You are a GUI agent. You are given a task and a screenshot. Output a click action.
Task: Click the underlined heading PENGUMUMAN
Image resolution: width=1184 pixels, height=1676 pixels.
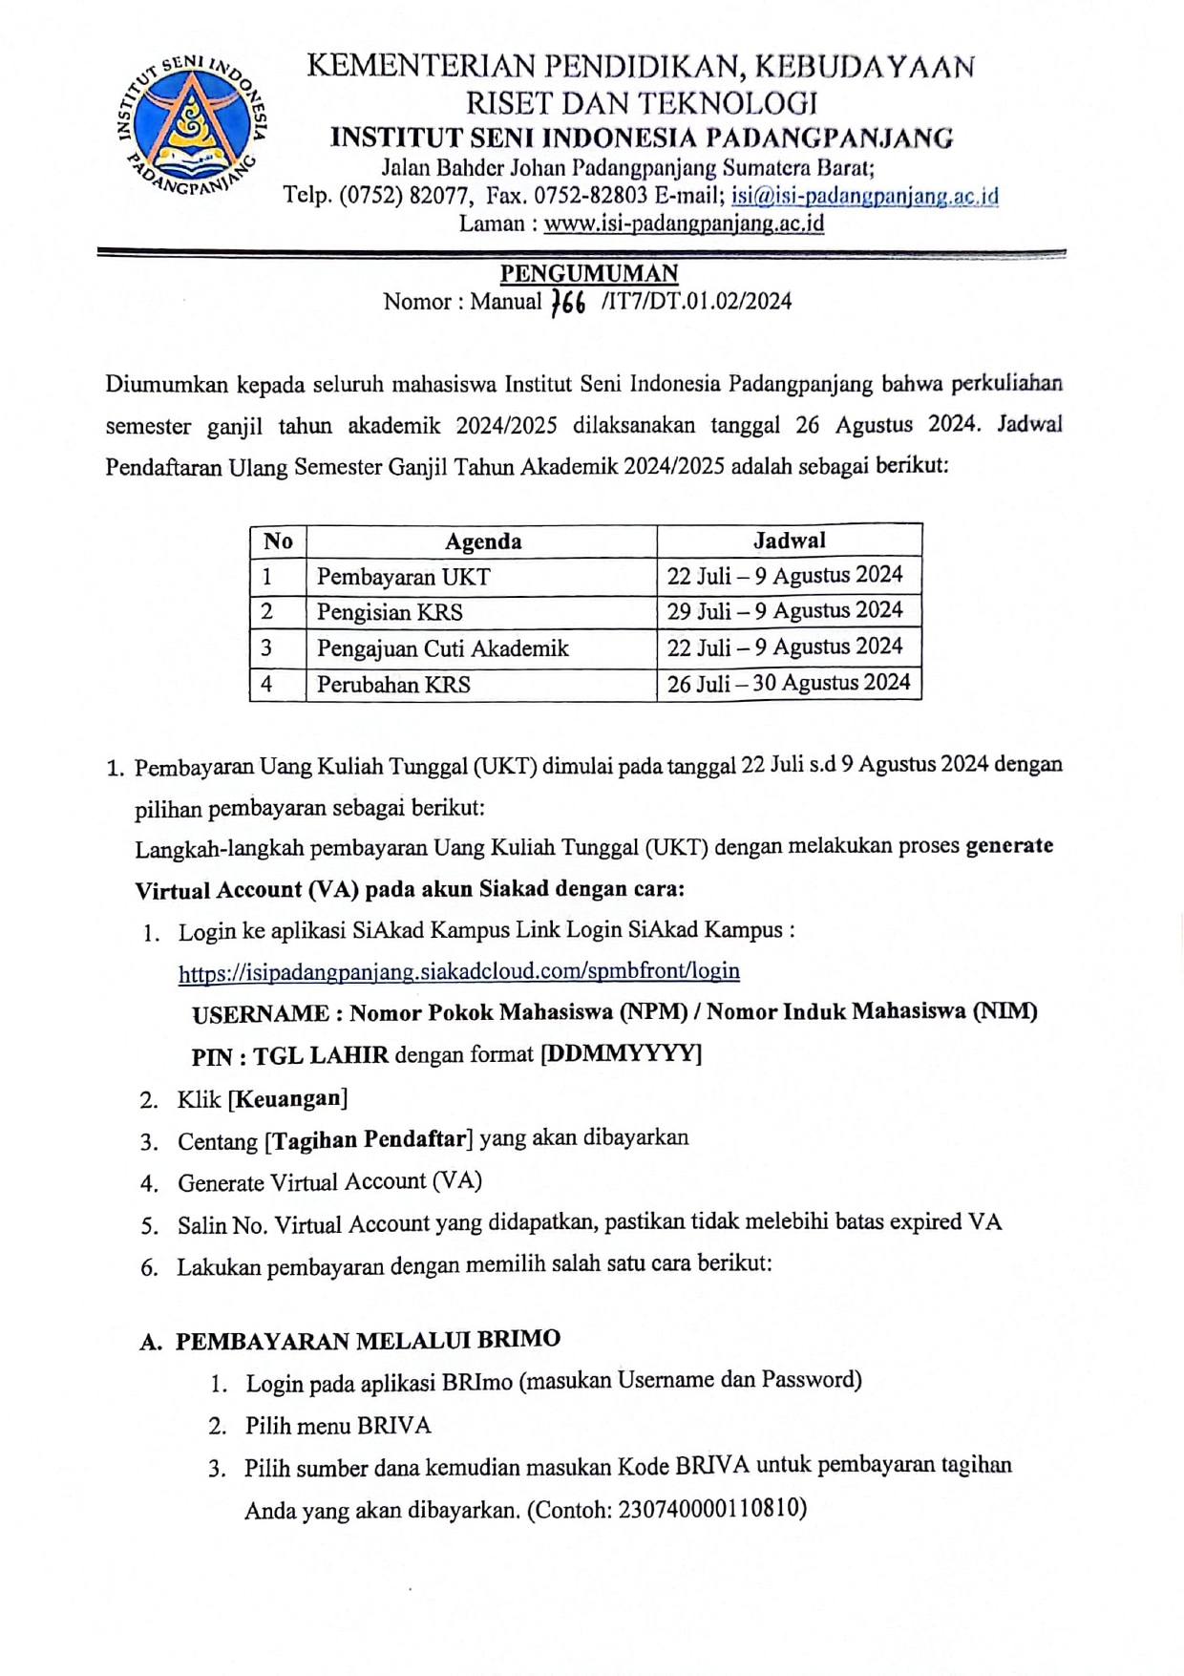[x=589, y=273]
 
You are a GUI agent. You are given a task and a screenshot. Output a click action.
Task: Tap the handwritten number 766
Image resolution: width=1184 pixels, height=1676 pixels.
[x=569, y=303]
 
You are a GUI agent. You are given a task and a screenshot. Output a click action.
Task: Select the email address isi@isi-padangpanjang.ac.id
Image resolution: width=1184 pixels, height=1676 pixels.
[x=865, y=196]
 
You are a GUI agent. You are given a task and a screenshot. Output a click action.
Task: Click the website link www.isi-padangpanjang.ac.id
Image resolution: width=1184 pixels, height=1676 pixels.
[x=684, y=224]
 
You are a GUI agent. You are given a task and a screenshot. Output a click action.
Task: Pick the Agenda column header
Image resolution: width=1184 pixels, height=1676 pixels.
[x=482, y=541]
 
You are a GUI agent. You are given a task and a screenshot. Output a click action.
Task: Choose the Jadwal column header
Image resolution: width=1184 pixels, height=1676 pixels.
[x=789, y=541]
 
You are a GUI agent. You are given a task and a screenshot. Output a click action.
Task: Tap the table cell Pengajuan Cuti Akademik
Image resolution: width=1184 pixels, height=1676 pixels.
[x=442, y=648]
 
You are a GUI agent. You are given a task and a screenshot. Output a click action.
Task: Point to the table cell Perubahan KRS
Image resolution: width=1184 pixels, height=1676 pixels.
[x=393, y=685]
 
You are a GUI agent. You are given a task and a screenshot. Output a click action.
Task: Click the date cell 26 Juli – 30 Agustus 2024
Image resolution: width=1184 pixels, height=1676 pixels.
[x=788, y=683]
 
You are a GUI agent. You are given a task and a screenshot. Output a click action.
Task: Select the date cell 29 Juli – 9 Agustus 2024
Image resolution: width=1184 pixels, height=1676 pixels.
[x=785, y=610]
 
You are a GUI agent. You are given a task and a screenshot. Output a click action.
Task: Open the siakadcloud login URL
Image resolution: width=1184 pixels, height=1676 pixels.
[x=458, y=971]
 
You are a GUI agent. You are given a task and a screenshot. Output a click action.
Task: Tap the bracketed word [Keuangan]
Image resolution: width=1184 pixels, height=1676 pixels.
[x=287, y=1098]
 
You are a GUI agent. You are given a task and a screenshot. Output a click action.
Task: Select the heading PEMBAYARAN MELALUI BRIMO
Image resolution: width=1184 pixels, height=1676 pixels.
[x=368, y=1340]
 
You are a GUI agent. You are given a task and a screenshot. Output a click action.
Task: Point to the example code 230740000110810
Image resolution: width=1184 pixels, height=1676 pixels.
[x=708, y=1509]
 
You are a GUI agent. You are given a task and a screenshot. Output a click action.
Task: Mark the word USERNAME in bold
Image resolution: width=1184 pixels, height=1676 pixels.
[x=261, y=1013]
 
